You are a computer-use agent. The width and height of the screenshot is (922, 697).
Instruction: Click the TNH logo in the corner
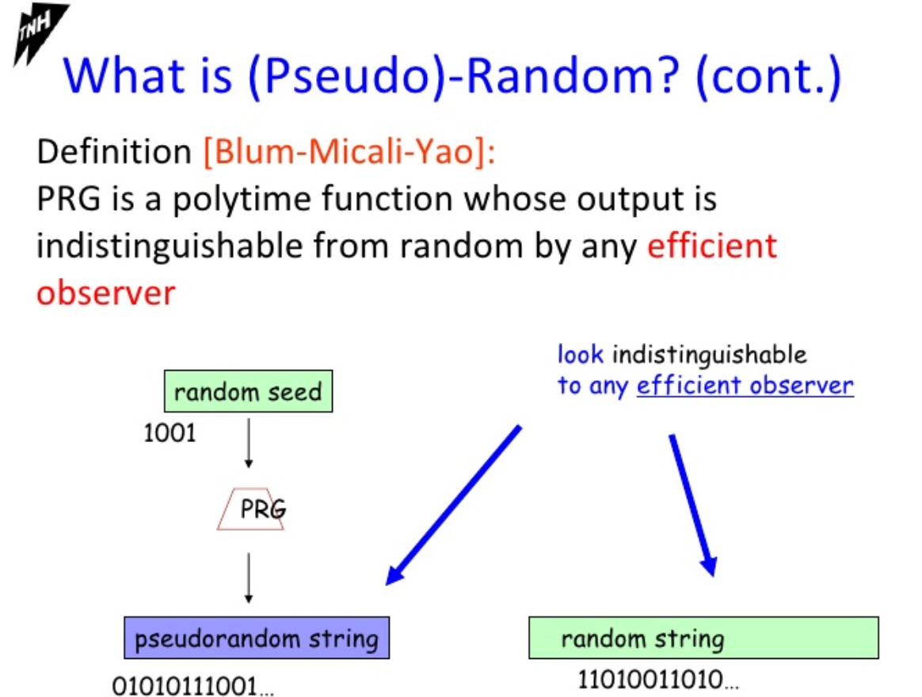click(39, 33)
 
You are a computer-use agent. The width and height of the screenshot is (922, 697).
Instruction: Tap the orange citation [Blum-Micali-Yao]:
click(349, 152)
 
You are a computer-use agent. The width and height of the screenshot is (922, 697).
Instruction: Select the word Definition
click(114, 151)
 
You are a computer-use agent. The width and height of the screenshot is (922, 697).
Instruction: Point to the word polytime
click(242, 200)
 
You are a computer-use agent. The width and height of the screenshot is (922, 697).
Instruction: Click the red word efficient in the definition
click(712, 246)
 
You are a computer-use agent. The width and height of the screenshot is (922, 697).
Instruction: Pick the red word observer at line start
click(106, 292)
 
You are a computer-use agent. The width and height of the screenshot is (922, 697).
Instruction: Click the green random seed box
click(248, 391)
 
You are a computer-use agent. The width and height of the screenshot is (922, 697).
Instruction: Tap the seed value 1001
click(170, 433)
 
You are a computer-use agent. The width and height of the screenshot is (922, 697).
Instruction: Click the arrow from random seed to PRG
click(249, 444)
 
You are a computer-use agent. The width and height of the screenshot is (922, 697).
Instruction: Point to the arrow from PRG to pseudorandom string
click(249, 578)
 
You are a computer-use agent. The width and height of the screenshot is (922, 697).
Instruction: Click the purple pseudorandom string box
click(257, 638)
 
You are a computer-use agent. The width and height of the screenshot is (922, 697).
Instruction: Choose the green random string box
click(704, 638)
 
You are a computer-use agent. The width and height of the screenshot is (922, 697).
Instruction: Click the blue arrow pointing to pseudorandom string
click(453, 505)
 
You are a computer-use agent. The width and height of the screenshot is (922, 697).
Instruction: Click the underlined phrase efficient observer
click(745, 385)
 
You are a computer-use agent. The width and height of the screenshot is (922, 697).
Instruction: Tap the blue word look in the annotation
click(581, 354)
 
